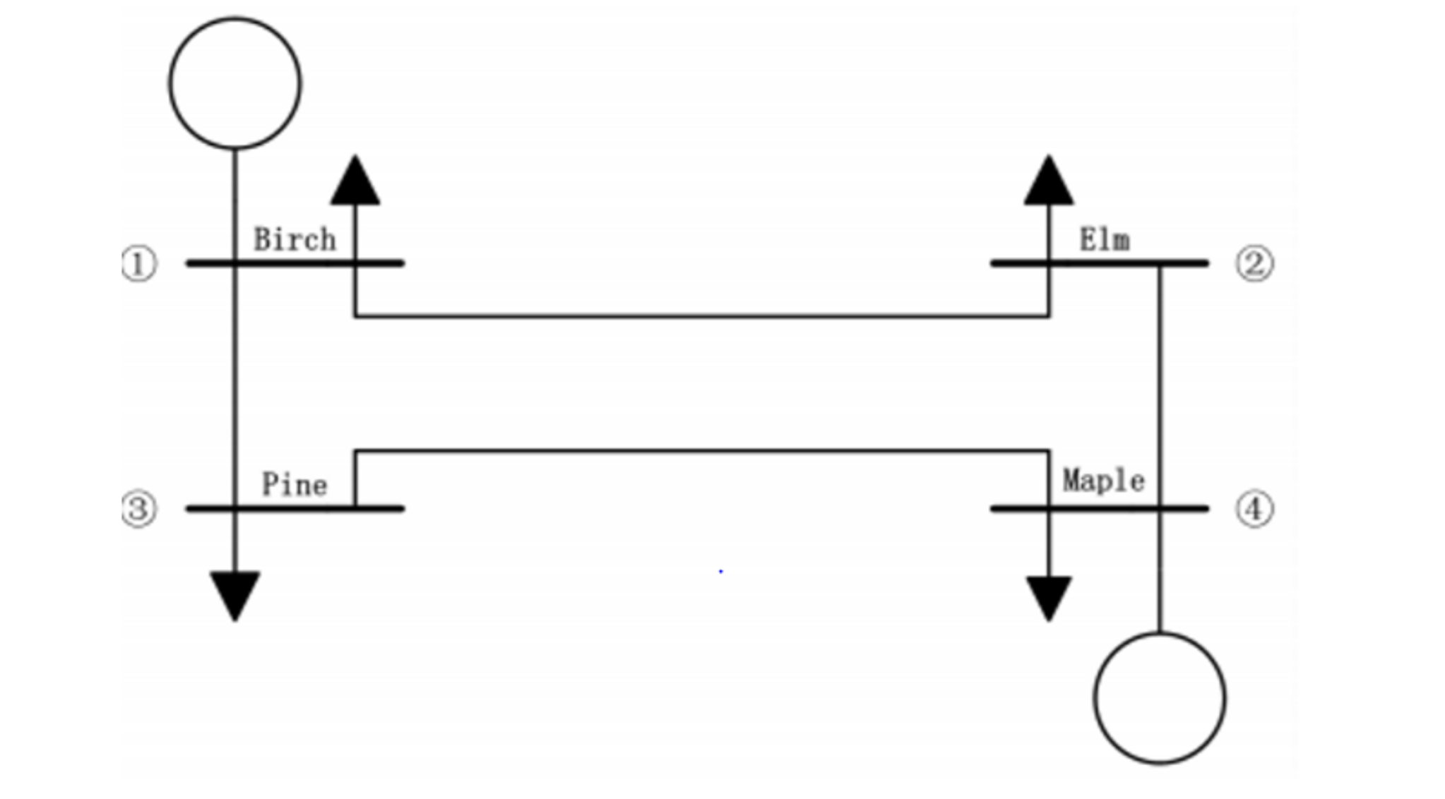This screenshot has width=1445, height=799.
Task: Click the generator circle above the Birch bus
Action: pyautogui.click(x=235, y=84)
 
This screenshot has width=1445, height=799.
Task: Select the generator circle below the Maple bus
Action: pyautogui.click(x=1160, y=699)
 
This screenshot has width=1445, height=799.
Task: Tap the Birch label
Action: pyautogui.click(x=295, y=240)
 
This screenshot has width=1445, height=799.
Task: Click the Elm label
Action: pyautogui.click(x=1105, y=240)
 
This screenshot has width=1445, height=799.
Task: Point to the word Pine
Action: pyautogui.click(x=295, y=485)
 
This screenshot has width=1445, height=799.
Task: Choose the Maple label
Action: pyautogui.click(x=1103, y=481)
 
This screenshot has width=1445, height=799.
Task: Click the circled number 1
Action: pyautogui.click(x=139, y=265)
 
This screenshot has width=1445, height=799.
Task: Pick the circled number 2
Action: pyautogui.click(x=1254, y=264)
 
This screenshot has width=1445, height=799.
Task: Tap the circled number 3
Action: pyautogui.click(x=138, y=509)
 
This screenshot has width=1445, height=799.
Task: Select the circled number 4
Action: pyautogui.click(x=1254, y=509)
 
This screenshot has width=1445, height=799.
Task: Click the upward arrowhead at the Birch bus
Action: pyautogui.click(x=355, y=182)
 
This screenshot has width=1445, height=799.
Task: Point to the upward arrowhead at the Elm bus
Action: pyautogui.click(x=1049, y=182)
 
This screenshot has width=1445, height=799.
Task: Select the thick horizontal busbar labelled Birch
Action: pyautogui.click(x=295, y=263)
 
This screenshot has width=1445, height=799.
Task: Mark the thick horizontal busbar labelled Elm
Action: pyautogui.click(x=1099, y=263)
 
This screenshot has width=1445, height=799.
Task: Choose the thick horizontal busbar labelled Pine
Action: pyautogui.click(x=295, y=508)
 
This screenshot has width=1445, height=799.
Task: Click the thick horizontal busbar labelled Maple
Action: pyautogui.click(x=1099, y=508)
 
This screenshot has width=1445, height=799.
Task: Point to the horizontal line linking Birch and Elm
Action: pyautogui.click(x=702, y=316)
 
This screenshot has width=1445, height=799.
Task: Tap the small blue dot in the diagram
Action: pyautogui.click(x=720, y=571)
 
